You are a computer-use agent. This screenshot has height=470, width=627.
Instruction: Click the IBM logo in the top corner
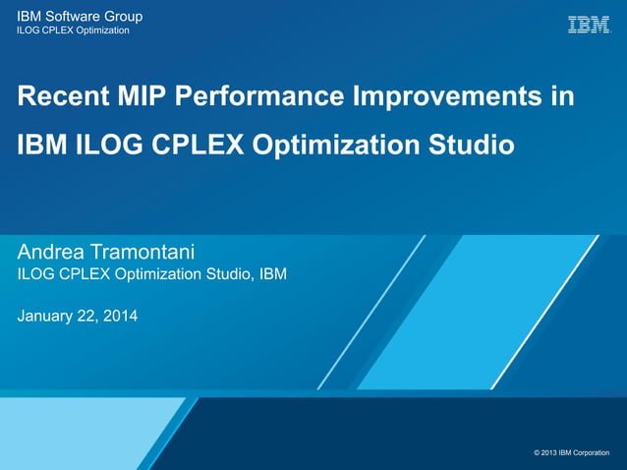click(588, 25)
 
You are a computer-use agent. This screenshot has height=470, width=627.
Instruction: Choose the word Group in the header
click(124, 17)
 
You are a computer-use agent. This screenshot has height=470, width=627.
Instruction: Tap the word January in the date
click(47, 317)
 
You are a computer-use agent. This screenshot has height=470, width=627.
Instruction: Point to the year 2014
click(121, 317)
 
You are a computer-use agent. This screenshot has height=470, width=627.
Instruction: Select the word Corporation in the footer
click(598, 452)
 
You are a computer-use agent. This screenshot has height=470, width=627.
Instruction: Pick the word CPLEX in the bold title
click(198, 146)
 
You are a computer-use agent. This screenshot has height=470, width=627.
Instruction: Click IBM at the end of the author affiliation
click(273, 274)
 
